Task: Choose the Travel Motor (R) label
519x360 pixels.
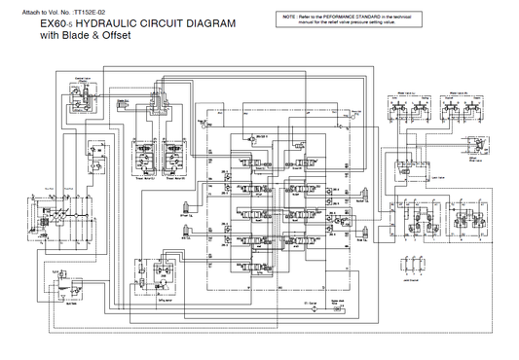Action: pos(177,179)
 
